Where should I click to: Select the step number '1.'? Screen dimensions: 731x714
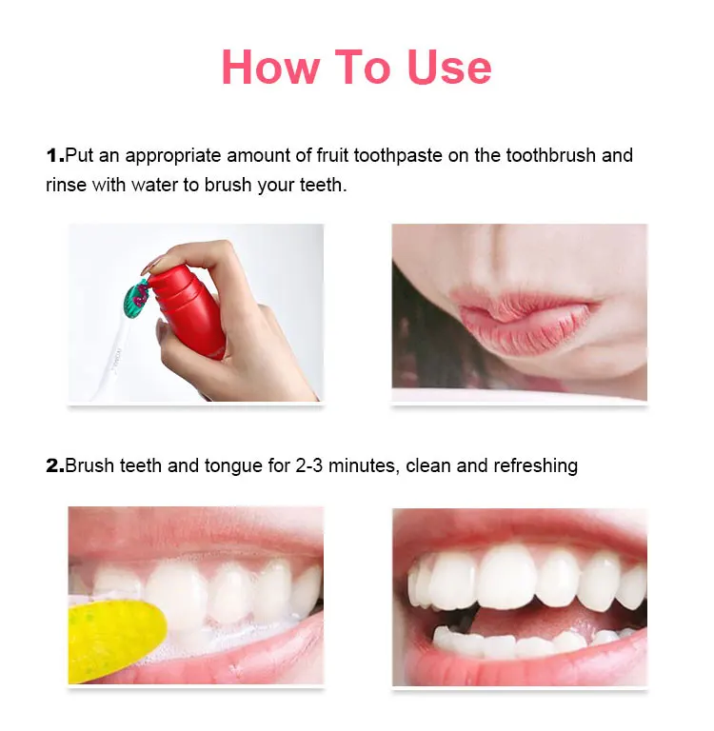(x=54, y=155)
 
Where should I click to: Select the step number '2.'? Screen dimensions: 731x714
(x=54, y=466)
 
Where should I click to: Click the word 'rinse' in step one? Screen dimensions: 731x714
(x=66, y=185)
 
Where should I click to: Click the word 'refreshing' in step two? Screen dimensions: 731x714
(x=532, y=466)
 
